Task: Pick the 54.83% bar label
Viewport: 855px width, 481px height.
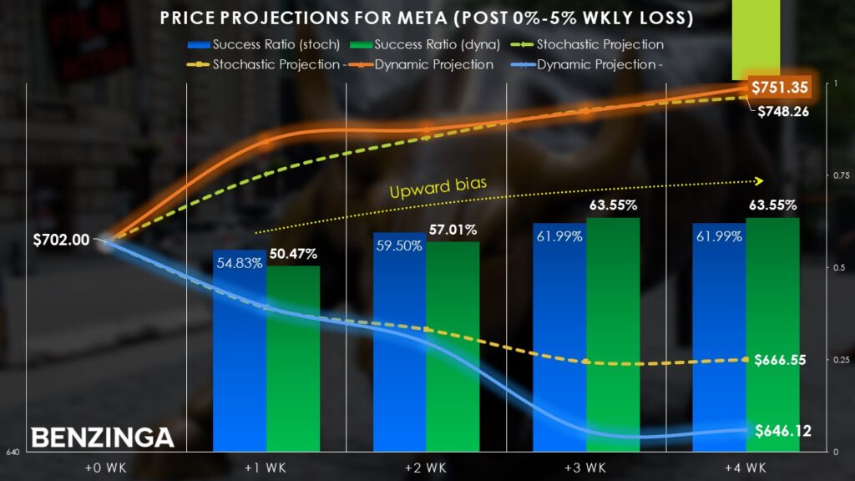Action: tap(239, 263)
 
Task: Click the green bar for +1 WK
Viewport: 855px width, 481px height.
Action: tap(293, 359)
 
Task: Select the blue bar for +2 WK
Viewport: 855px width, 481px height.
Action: tap(399, 351)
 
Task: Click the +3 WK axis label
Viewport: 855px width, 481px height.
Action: tap(586, 466)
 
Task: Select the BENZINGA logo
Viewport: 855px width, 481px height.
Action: tap(103, 437)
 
